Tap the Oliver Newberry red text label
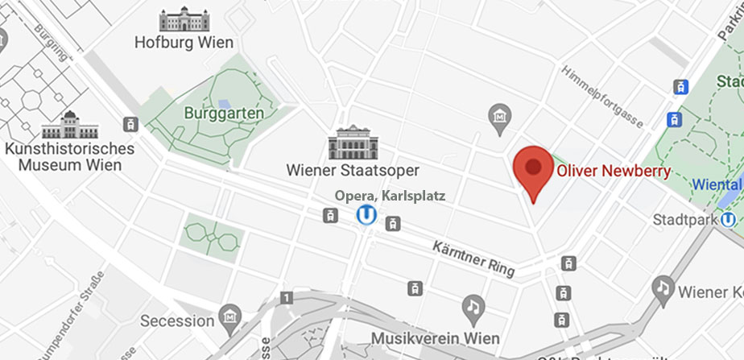click(613, 171)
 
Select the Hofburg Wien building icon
click(184, 19)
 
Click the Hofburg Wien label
click(184, 43)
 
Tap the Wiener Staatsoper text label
click(353, 170)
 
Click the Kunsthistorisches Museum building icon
click(70, 125)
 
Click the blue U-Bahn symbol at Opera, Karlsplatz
click(367, 215)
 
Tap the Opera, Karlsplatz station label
click(390, 196)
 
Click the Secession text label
click(178, 321)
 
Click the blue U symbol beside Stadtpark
click(730, 218)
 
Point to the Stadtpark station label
click(685, 219)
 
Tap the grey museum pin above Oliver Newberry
click(500, 116)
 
